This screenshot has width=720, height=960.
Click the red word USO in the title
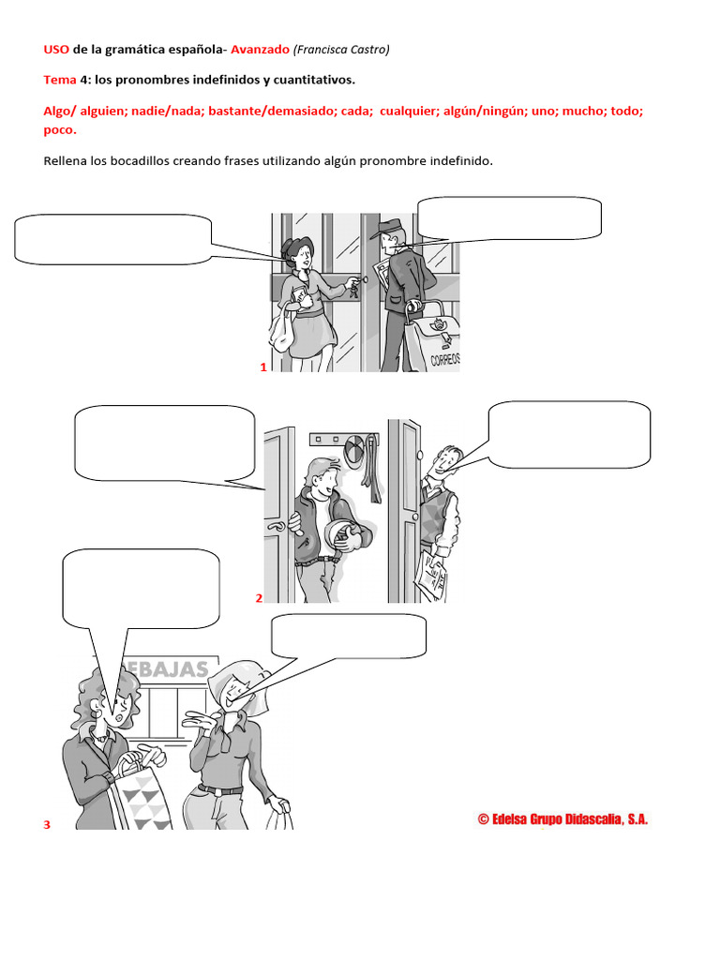[56, 50]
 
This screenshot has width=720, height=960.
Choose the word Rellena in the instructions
[66, 161]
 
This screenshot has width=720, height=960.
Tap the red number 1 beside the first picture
[263, 367]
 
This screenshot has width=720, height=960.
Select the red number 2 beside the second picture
[259, 598]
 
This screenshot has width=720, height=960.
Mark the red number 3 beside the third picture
[47, 824]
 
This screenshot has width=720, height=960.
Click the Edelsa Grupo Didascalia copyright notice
[562, 819]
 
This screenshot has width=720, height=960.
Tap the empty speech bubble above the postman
[509, 217]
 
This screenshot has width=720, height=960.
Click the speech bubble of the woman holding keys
[112, 238]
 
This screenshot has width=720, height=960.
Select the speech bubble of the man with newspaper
[569, 433]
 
